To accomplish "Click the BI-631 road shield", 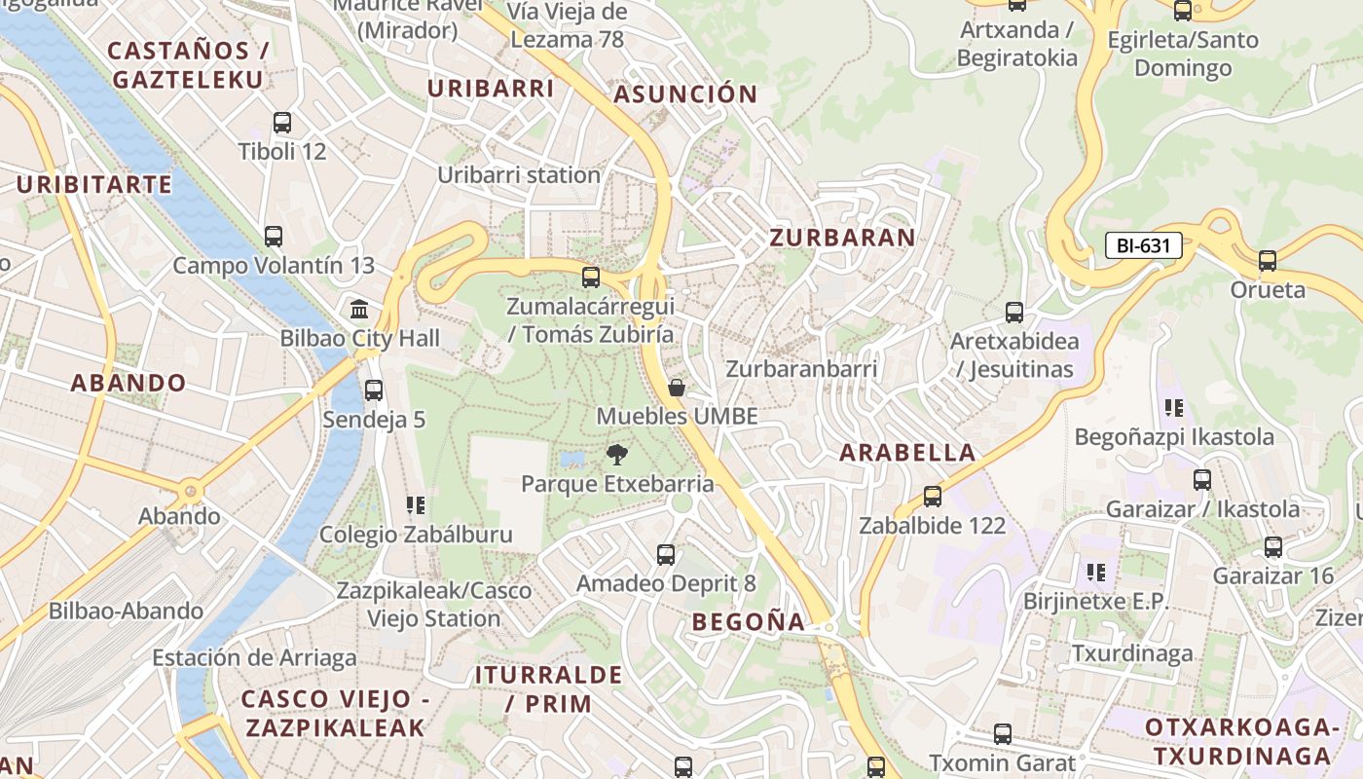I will [x=1143, y=245].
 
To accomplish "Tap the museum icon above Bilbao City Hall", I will [x=359, y=310].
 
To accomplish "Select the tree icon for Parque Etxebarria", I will [x=616, y=454].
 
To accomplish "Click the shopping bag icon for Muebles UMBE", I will [x=677, y=388].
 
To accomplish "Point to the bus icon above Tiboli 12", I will [x=282, y=123].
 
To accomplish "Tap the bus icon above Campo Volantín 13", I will [x=274, y=236].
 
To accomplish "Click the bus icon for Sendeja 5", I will [x=373, y=390].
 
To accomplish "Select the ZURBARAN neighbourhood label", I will [x=842, y=238].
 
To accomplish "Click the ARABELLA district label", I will [x=907, y=453].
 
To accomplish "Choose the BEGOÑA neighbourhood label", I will [x=749, y=621].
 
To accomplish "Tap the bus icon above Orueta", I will [x=1267, y=261].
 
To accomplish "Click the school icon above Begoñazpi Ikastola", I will [x=1173, y=408].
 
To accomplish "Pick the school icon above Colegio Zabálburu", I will [x=416, y=505].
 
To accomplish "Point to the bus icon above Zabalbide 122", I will [x=932, y=497].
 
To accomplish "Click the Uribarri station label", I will [x=519, y=175].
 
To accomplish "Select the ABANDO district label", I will [x=129, y=383].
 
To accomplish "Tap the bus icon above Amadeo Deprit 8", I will [x=666, y=555].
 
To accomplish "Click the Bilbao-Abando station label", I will [x=127, y=612].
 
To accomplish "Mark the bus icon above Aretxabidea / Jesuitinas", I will [x=1014, y=313].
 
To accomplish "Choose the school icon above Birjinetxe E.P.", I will [x=1095, y=573].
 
